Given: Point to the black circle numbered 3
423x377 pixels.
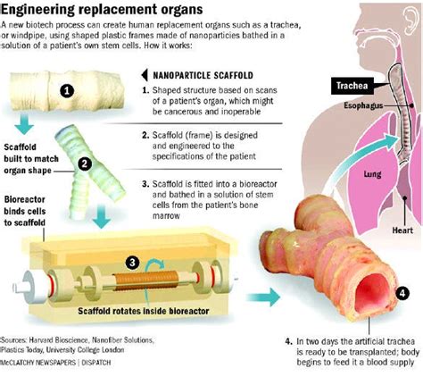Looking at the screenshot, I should [x=132, y=263].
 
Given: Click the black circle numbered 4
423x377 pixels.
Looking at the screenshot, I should [x=402, y=292].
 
